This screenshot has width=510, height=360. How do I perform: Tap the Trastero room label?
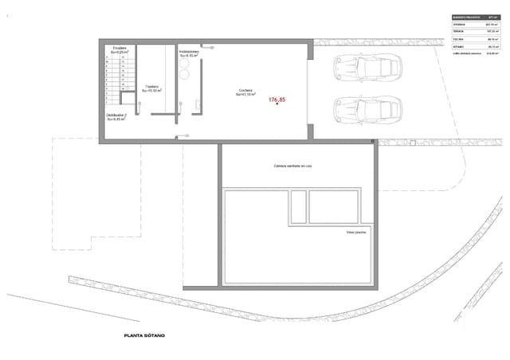(x=151, y=88)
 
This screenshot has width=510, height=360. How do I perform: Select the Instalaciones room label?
(x=190, y=53)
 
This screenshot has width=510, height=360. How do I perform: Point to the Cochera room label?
(x=245, y=92)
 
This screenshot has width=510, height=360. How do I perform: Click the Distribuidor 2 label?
(x=117, y=118)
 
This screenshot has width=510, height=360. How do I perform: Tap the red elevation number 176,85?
(x=277, y=100)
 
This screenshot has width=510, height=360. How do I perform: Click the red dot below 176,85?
(x=276, y=107)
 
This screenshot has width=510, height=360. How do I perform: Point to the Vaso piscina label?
(x=355, y=233)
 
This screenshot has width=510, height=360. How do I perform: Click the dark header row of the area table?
(x=475, y=17)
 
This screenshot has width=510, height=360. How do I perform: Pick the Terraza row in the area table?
(x=475, y=32)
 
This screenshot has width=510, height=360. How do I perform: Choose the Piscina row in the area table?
(x=475, y=39)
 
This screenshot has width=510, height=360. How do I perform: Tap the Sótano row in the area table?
(x=475, y=46)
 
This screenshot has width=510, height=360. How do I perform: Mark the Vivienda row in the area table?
(x=475, y=25)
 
